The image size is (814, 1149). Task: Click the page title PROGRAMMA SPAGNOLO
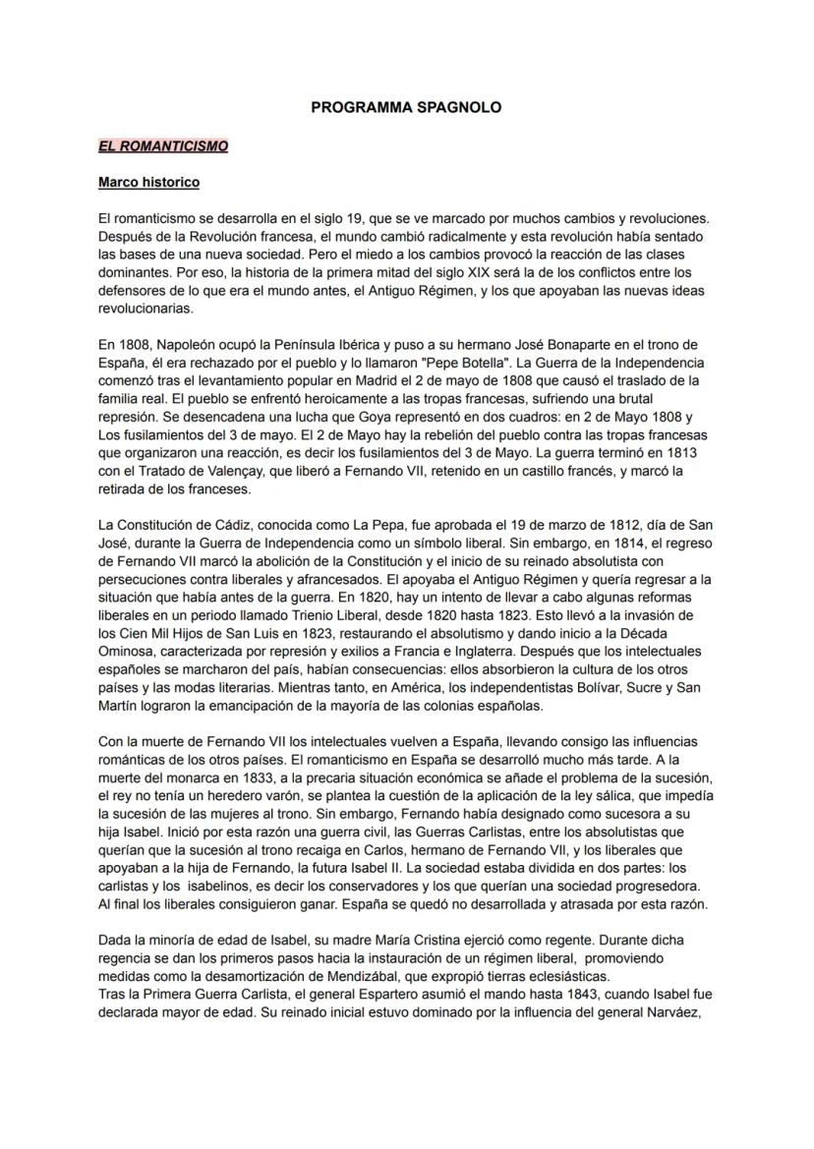coord(406,108)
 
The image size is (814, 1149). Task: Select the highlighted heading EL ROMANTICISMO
coord(163,146)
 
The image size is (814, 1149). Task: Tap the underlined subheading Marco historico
coord(148,183)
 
